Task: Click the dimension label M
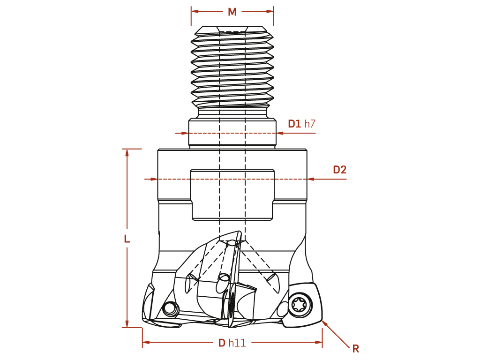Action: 232,12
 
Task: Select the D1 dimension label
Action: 294,124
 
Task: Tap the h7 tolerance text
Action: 310,124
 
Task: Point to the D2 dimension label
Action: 339,170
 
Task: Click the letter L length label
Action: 127,239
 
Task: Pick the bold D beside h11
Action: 222,343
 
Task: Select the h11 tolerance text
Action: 237,343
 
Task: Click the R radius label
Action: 355,348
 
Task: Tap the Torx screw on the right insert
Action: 301,304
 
